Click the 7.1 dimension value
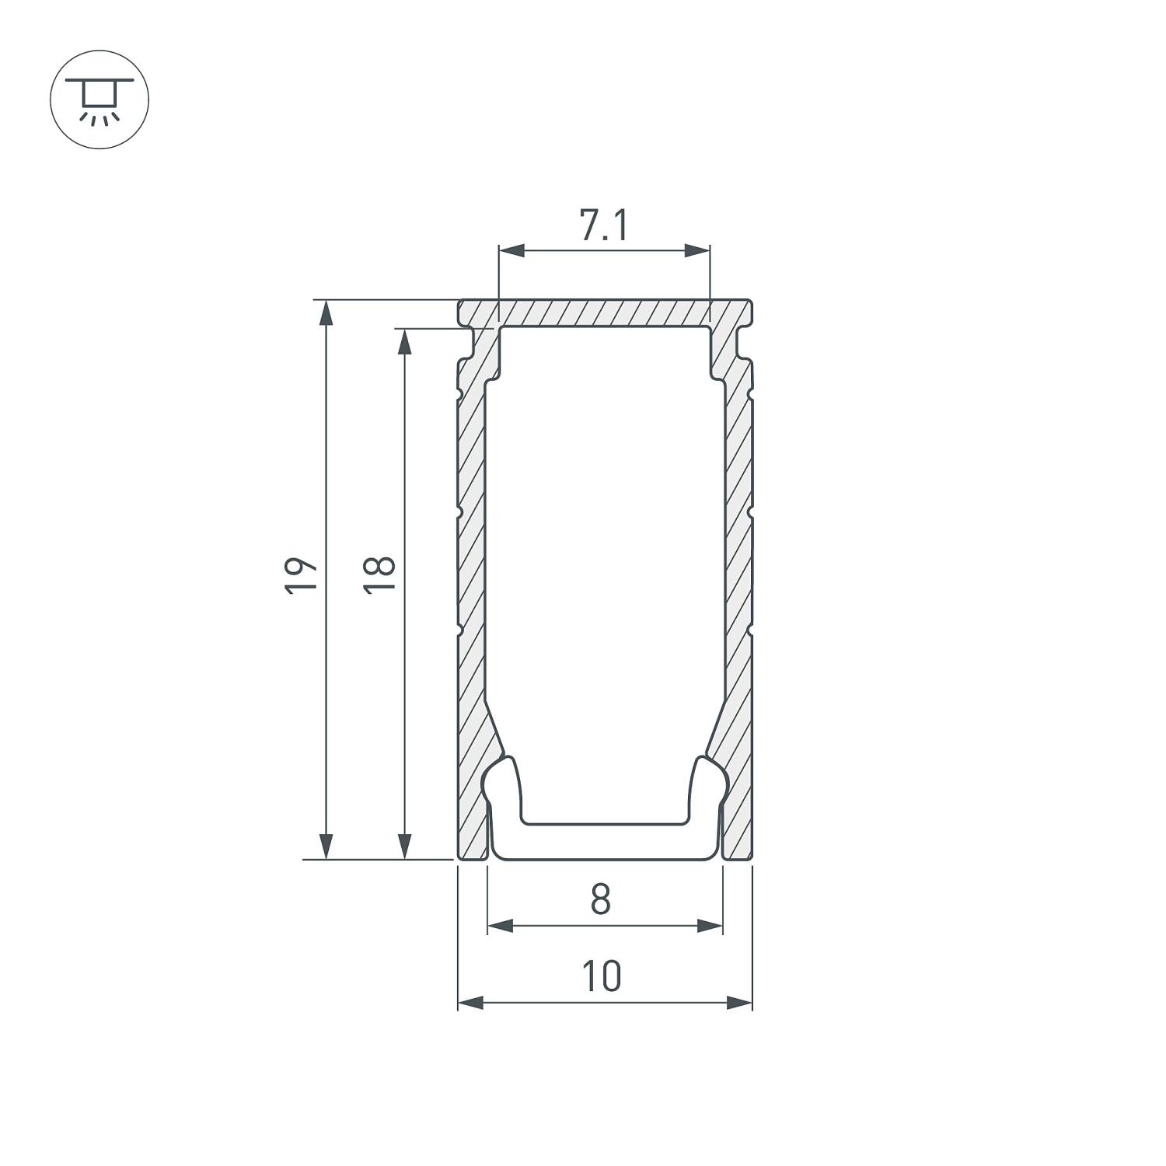click(x=604, y=226)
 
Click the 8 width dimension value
click(x=600, y=900)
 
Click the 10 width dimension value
click(x=602, y=977)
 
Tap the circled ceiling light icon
click(x=99, y=99)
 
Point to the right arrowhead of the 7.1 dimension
click(x=697, y=250)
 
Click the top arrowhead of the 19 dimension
click(x=326, y=312)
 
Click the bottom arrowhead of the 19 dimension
click(x=326, y=846)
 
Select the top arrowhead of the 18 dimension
click(x=404, y=341)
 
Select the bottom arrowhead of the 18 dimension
click(x=404, y=846)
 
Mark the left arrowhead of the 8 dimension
click(x=501, y=926)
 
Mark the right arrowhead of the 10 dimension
click(x=739, y=1003)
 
